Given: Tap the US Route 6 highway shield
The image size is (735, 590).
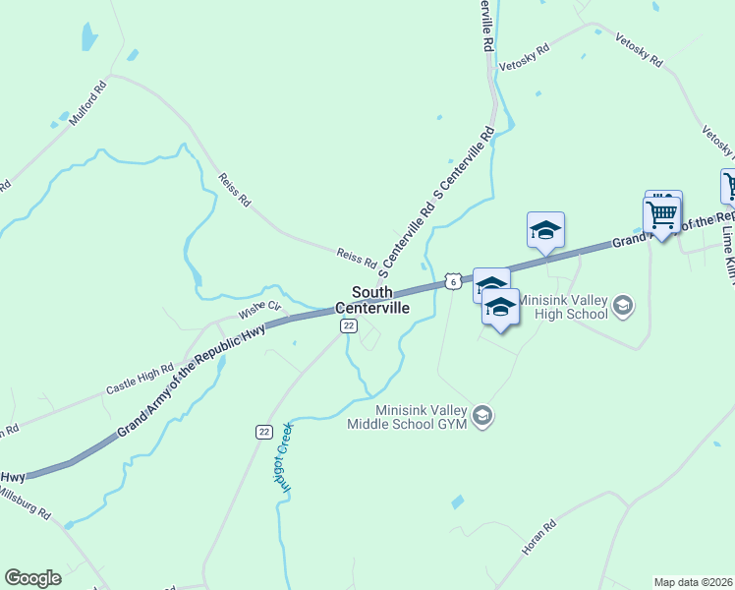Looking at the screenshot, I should click(452, 281).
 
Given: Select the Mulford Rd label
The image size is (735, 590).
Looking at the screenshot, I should click(87, 102).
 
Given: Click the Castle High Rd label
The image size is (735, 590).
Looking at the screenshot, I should click(140, 378).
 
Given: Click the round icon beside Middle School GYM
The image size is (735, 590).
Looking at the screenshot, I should click(481, 416).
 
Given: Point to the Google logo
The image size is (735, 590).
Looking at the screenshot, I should click(32, 577).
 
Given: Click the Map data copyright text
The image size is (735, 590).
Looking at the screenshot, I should click(693, 582).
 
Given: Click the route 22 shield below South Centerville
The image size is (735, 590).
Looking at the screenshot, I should click(347, 325).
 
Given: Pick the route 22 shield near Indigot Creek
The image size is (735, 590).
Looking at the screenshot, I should click(263, 432).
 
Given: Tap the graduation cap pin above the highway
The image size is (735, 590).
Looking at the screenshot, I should click(545, 231).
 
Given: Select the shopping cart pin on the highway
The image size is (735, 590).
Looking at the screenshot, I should click(662, 213).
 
